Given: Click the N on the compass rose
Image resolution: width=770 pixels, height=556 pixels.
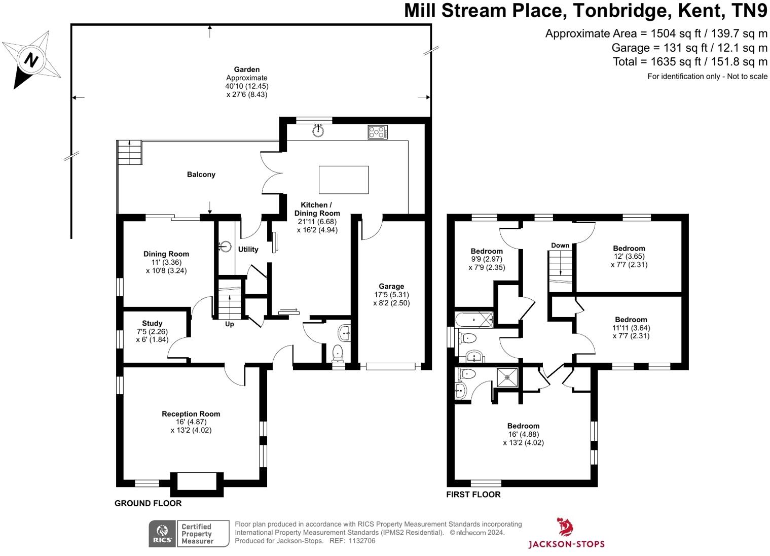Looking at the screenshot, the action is [31, 60].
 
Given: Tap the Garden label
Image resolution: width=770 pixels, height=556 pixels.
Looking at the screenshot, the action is [247, 69].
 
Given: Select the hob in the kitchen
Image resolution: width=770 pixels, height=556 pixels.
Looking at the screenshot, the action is [378, 132].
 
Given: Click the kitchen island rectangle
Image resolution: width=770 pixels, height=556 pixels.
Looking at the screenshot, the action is [344, 180].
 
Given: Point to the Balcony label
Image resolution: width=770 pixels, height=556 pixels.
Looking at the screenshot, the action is [201, 175].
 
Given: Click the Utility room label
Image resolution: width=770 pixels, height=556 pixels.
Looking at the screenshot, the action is [248, 250].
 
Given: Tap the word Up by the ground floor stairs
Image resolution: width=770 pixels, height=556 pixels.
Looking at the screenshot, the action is [229, 324].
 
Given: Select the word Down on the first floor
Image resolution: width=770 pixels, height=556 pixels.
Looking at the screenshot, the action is [560, 246].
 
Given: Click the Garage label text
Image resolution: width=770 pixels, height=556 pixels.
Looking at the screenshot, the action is [391, 286].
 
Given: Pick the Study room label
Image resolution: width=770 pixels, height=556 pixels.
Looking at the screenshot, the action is [152, 324].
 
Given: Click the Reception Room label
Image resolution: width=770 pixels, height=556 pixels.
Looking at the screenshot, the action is [191, 414].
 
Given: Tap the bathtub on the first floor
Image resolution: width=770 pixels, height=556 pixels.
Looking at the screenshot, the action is [474, 320].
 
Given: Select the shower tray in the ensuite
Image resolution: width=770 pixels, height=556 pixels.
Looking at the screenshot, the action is [507, 377].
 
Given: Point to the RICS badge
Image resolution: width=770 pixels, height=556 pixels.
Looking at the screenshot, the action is [189, 534].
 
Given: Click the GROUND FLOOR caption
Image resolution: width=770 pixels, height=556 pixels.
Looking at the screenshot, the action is [148, 503].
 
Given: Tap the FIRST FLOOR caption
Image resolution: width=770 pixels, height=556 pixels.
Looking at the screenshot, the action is [473, 495].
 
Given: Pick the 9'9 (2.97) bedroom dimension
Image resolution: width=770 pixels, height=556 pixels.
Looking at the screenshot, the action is [487, 259].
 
